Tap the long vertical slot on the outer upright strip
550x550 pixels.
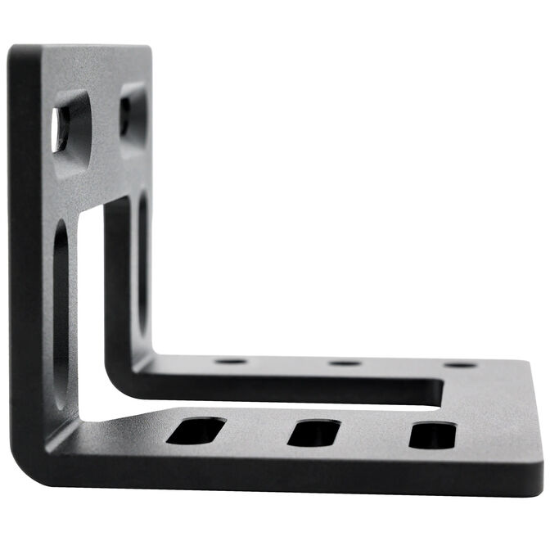61,311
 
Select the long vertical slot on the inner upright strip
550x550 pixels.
143,262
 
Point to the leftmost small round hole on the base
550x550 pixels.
231,361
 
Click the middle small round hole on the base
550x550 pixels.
345,363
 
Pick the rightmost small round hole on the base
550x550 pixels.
459,365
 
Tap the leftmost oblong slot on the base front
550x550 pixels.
196,431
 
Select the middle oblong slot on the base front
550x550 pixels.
313,433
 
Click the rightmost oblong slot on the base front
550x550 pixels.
433,435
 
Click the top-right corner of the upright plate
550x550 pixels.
148,49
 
